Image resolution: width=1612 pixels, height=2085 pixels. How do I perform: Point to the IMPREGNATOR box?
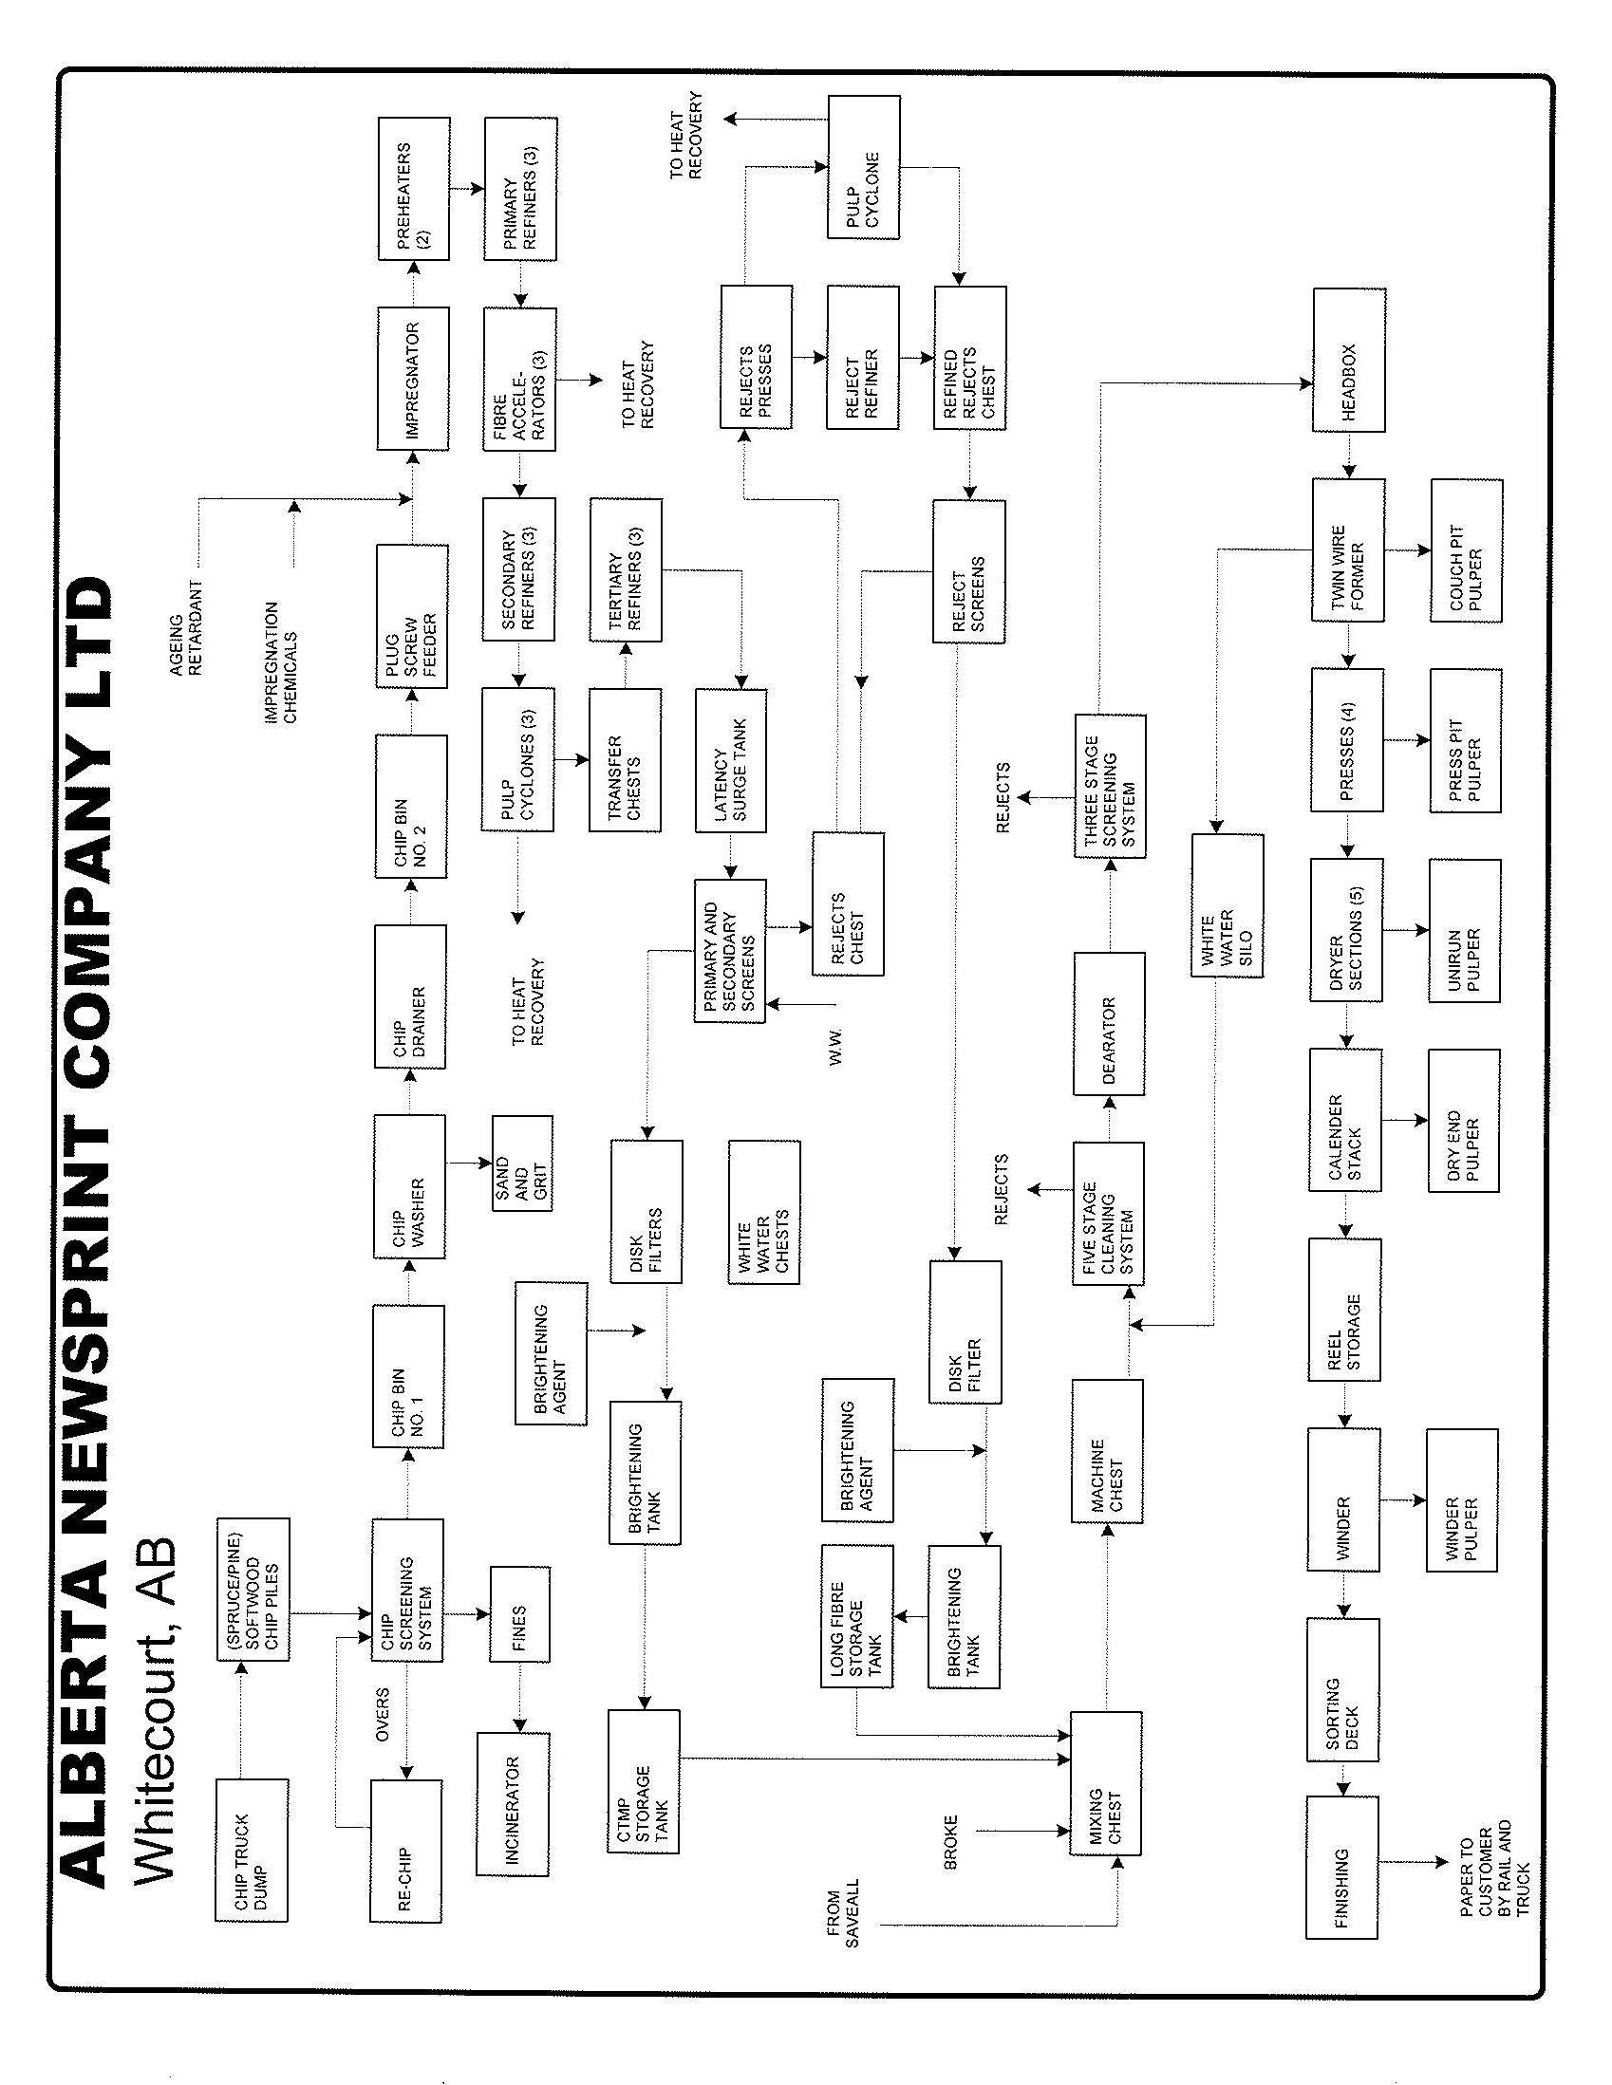click(x=413, y=378)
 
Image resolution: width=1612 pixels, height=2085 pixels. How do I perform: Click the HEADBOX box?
click(x=1348, y=360)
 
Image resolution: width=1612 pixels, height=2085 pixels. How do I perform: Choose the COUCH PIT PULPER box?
click(x=1466, y=550)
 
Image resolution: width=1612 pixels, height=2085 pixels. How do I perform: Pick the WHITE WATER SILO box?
click(x=1228, y=906)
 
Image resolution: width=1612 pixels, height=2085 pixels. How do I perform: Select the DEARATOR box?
click(x=1109, y=1023)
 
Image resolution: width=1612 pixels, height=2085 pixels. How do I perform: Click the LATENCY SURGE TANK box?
click(x=731, y=760)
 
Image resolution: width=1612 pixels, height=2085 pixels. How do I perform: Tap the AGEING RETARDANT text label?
click(x=187, y=628)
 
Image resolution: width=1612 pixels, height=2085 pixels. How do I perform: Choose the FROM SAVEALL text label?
click(x=844, y=1916)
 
